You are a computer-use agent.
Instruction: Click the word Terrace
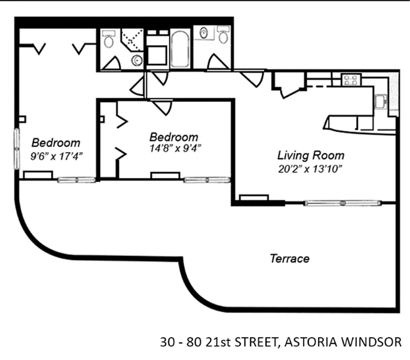pos(289,259)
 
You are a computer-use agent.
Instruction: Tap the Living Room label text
pos(311,156)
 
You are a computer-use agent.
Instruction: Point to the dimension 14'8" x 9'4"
pos(175,148)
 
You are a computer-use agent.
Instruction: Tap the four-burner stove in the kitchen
pos(351,80)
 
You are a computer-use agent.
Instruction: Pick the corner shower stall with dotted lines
pos(132,40)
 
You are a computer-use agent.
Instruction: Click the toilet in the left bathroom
pos(108,41)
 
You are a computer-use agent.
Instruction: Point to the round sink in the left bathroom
pos(136,60)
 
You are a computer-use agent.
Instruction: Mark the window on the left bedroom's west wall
pos(17,149)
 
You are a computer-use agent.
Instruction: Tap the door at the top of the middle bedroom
pos(162,107)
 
